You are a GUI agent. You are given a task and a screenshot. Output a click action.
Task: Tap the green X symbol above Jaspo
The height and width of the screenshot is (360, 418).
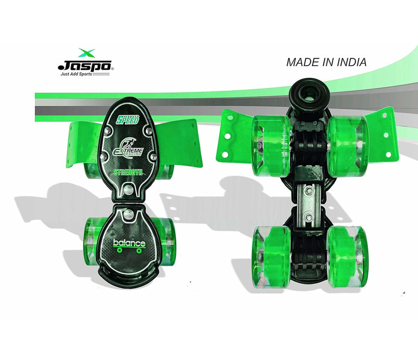86,53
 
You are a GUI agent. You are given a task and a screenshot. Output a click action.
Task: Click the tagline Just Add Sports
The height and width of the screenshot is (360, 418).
76,74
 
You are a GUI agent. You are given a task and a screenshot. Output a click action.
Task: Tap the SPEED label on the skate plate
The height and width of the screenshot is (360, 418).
127,120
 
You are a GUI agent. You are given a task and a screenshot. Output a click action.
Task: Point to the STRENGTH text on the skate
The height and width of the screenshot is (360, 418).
128,172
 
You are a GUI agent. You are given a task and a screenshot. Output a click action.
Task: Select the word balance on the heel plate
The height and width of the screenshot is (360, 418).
129,243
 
